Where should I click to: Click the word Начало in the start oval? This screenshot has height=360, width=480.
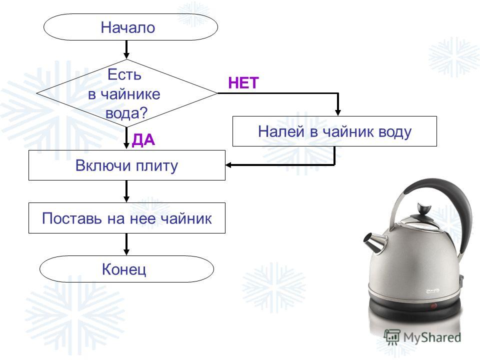click(x=128, y=27)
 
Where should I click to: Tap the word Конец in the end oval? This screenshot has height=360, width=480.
click(x=124, y=269)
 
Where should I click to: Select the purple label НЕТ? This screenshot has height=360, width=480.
click(x=243, y=83)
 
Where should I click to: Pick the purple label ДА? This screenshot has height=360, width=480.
click(x=143, y=140)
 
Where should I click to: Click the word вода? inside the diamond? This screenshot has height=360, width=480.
click(x=126, y=113)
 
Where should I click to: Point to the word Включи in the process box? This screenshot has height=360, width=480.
click(x=103, y=165)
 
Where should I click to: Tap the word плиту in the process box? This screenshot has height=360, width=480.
click(x=156, y=166)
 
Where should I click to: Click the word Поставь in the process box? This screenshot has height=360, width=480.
click(x=71, y=218)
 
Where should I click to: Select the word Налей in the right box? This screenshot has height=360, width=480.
click(x=281, y=131)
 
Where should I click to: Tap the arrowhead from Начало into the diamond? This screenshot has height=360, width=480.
click(x=126, y=55)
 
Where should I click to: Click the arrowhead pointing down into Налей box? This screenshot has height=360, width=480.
click(x=337, y=111)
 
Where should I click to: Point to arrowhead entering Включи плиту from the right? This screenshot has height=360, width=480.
click(x=229, y=165)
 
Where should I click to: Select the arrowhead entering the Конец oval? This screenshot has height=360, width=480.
click(x=126, y=251)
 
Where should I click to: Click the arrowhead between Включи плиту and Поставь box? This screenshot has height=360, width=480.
click(x=126, y=198)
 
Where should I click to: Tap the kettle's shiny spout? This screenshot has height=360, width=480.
click(x=373, y=240)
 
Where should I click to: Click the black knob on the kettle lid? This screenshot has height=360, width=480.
click(x=423, y=209)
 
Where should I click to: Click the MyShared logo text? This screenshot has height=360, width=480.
click(x=432, y=337)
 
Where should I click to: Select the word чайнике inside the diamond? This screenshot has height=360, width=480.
click(x=130, y=94)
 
